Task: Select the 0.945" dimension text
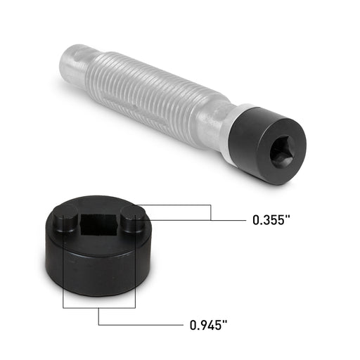(210, 325)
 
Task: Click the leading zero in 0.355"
(257, 220)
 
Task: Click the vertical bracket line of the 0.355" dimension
(211, 212)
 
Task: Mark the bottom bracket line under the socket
(98, 308)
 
